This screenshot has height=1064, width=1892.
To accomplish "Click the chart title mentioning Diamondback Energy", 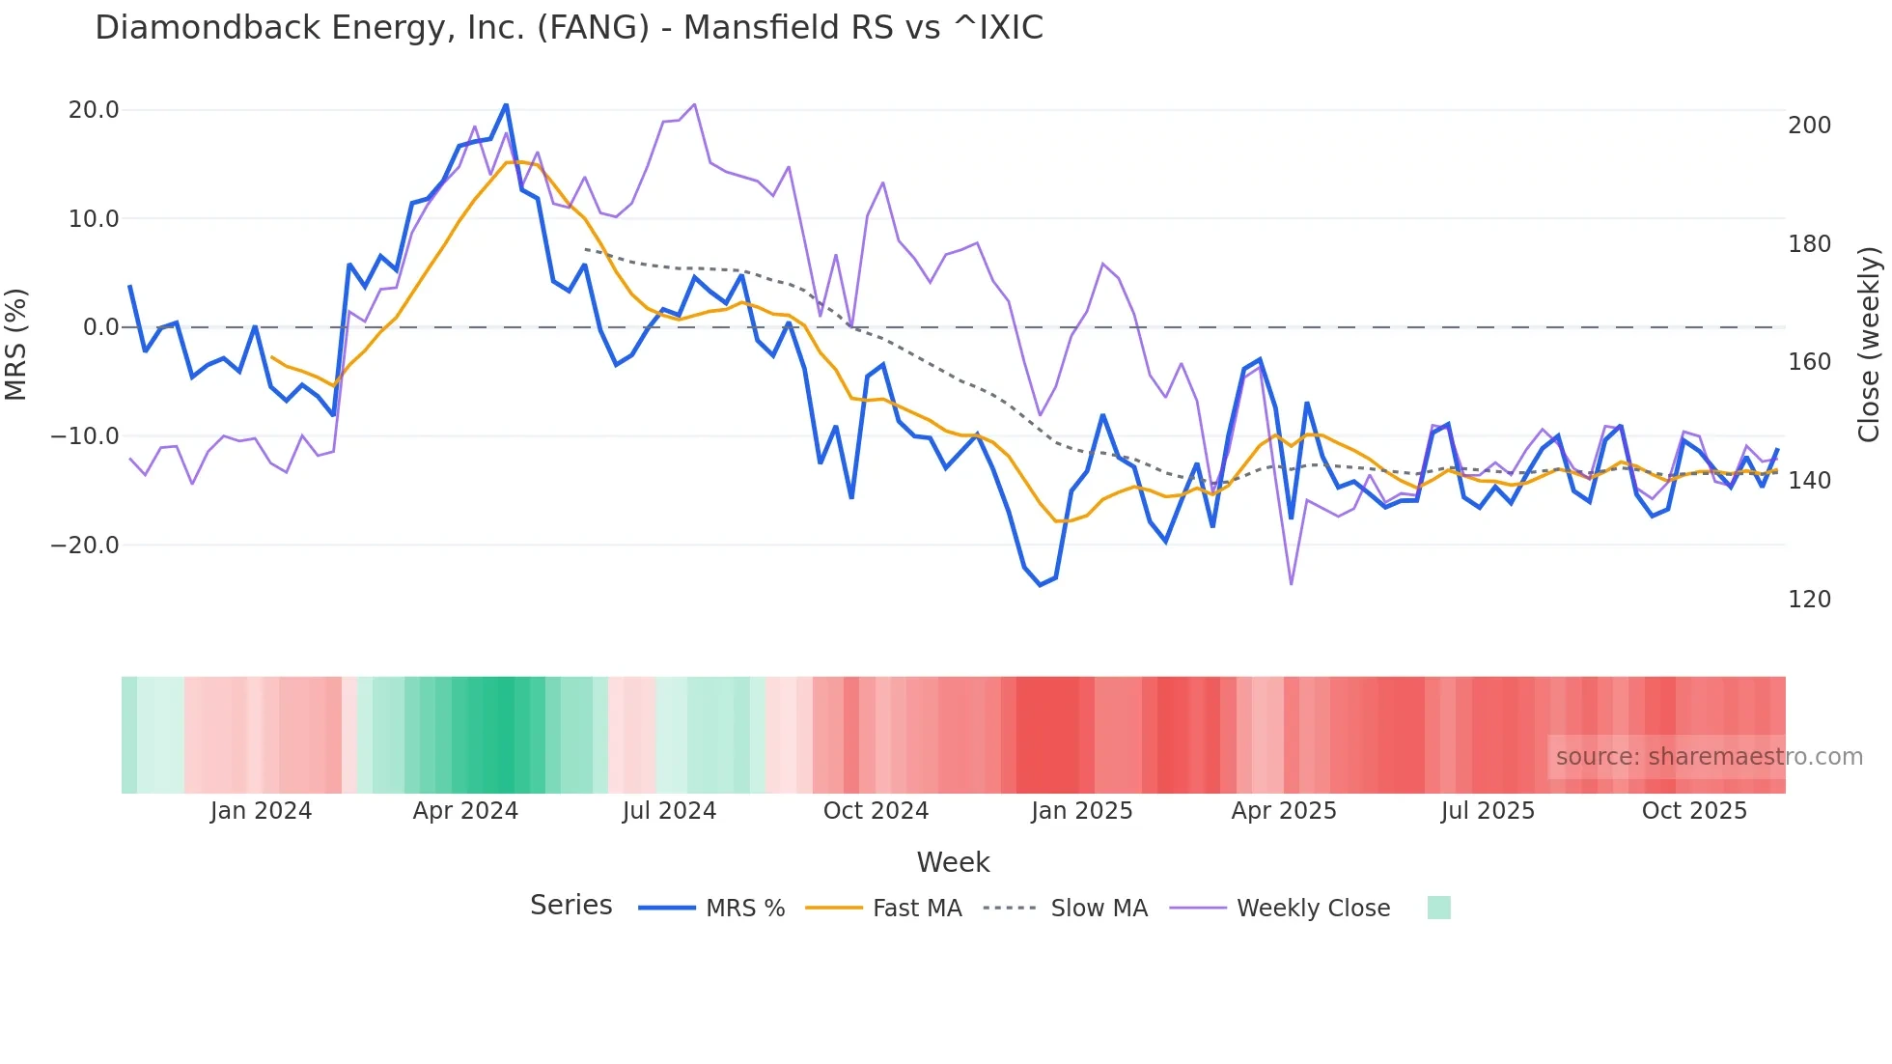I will (x=569, y=28).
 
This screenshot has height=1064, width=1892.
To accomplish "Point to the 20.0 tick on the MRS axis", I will (x=94, y=110).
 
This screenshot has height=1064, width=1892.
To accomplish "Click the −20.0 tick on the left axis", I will (x=85, y=546).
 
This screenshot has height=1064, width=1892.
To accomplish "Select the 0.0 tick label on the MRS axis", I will (x=100, y=327).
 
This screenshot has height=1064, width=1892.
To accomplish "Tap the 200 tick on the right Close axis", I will (x=1809, y=126).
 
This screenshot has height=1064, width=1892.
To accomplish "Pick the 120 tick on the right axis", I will (x=1809, y=600).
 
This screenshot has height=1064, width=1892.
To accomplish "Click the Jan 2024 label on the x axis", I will (x=261, y=811).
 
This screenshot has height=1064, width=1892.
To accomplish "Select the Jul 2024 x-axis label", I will (x=669, y=811).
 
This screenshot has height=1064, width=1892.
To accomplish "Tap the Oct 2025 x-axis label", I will (x=1694, y=811).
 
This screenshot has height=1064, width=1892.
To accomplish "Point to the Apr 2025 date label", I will (x=1284, y=811).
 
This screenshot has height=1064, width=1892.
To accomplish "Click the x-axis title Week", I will (x=953, y=862).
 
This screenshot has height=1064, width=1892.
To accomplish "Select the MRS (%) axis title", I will (x=16, y=344).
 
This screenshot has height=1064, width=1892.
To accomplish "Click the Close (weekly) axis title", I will (x=1870, y=344).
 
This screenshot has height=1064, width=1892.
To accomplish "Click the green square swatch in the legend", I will (x=1438, y=908).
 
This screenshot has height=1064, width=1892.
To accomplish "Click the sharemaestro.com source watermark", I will (x=1709, y=757).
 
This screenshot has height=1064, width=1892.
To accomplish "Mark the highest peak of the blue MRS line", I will (x=506, y=105).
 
